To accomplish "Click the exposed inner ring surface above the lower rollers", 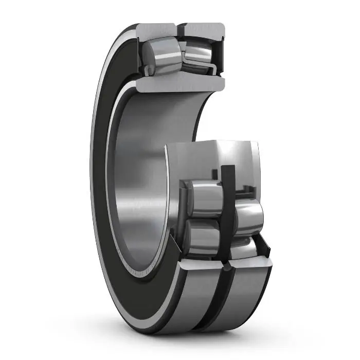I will pos(216,154).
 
